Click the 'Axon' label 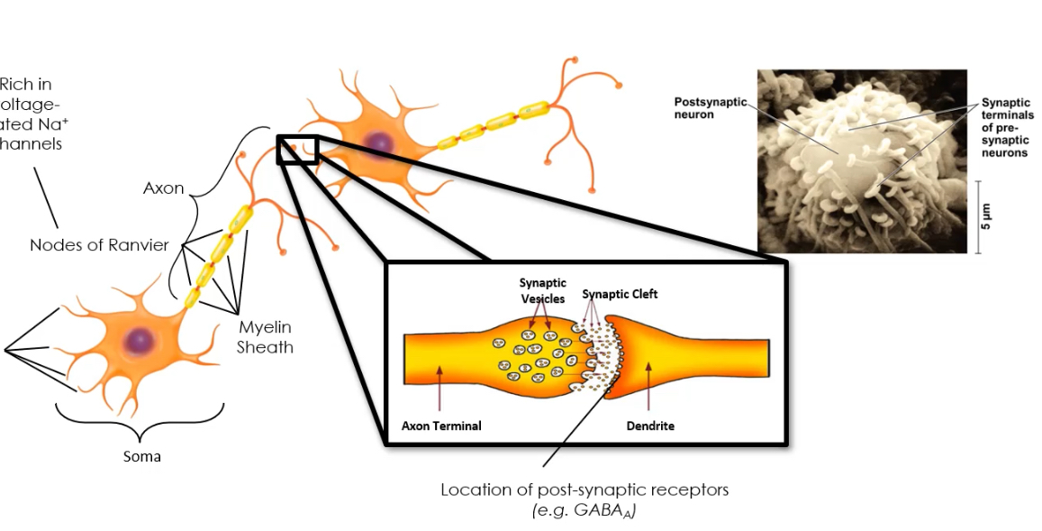(x=163, y=188)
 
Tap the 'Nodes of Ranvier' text (x=99, y=245)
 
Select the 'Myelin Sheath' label (x=265, y=337)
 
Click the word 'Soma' (x=141, y=456)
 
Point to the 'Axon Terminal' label (x=441, y=426)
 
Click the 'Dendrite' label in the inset (x=650, y=426)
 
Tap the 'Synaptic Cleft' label (x=620, y=294)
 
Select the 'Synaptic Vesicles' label (x=541, y=290)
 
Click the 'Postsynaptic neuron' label (x=711, y=108)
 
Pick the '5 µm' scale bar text (x=987, y=217)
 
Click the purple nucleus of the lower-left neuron (x=140, y=340)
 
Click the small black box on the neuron (x=297, y=149)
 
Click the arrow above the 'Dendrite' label (x=649, y=389)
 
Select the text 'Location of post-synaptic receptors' (x=584, y=490)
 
